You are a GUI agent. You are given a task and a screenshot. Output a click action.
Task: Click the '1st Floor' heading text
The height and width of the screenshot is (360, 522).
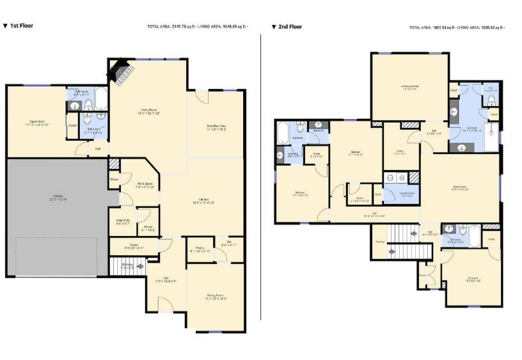[20, 26]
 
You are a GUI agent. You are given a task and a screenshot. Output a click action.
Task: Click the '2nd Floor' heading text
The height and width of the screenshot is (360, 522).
[289, 27]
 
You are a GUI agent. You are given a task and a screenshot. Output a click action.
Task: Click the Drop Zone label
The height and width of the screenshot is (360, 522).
[123, 222]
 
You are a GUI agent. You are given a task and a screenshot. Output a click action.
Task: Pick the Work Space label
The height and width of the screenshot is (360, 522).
[145, 185]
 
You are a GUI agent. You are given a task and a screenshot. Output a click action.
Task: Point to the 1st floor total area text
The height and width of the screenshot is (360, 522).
[196, 27]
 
